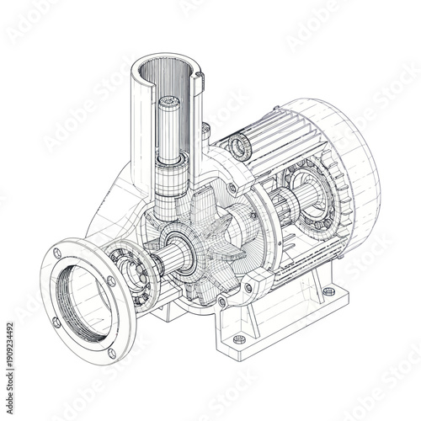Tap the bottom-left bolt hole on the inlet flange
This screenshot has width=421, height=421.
pos(56,321)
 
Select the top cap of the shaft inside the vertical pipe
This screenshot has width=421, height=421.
pos(168,104)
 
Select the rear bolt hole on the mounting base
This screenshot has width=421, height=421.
pos(328,291)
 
